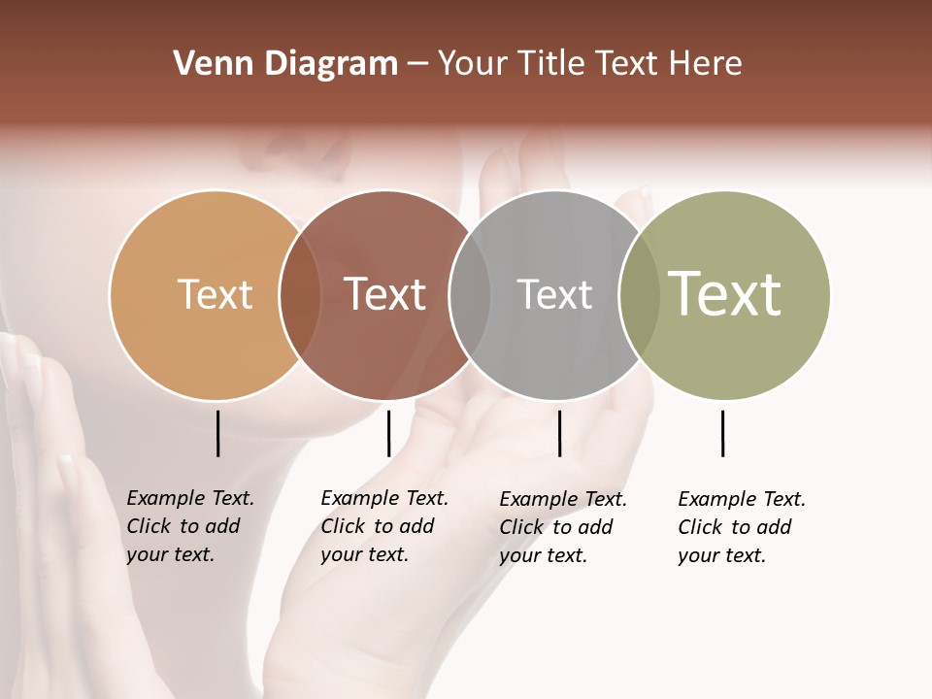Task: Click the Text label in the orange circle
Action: [x=216, y=294]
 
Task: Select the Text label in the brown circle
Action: [x=385, y=294]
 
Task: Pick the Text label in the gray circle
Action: [x=554, y=294]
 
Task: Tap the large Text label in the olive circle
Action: [x=725, y=294]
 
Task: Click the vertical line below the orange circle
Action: [x=217, y=433]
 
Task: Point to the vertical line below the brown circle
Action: [x=388, y=433]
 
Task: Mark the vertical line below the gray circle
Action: [x=559, y=433]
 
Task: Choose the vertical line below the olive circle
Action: [x=722, y=433]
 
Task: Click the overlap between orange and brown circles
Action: [x=300, y=295]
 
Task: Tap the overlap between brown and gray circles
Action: [x=470, y=295]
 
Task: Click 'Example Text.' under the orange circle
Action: [x=190, y=498]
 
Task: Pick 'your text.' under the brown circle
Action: [x=364, y=554]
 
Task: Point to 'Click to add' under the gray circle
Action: [x=555, y=527]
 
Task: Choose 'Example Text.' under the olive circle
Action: [x=742, y=499]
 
